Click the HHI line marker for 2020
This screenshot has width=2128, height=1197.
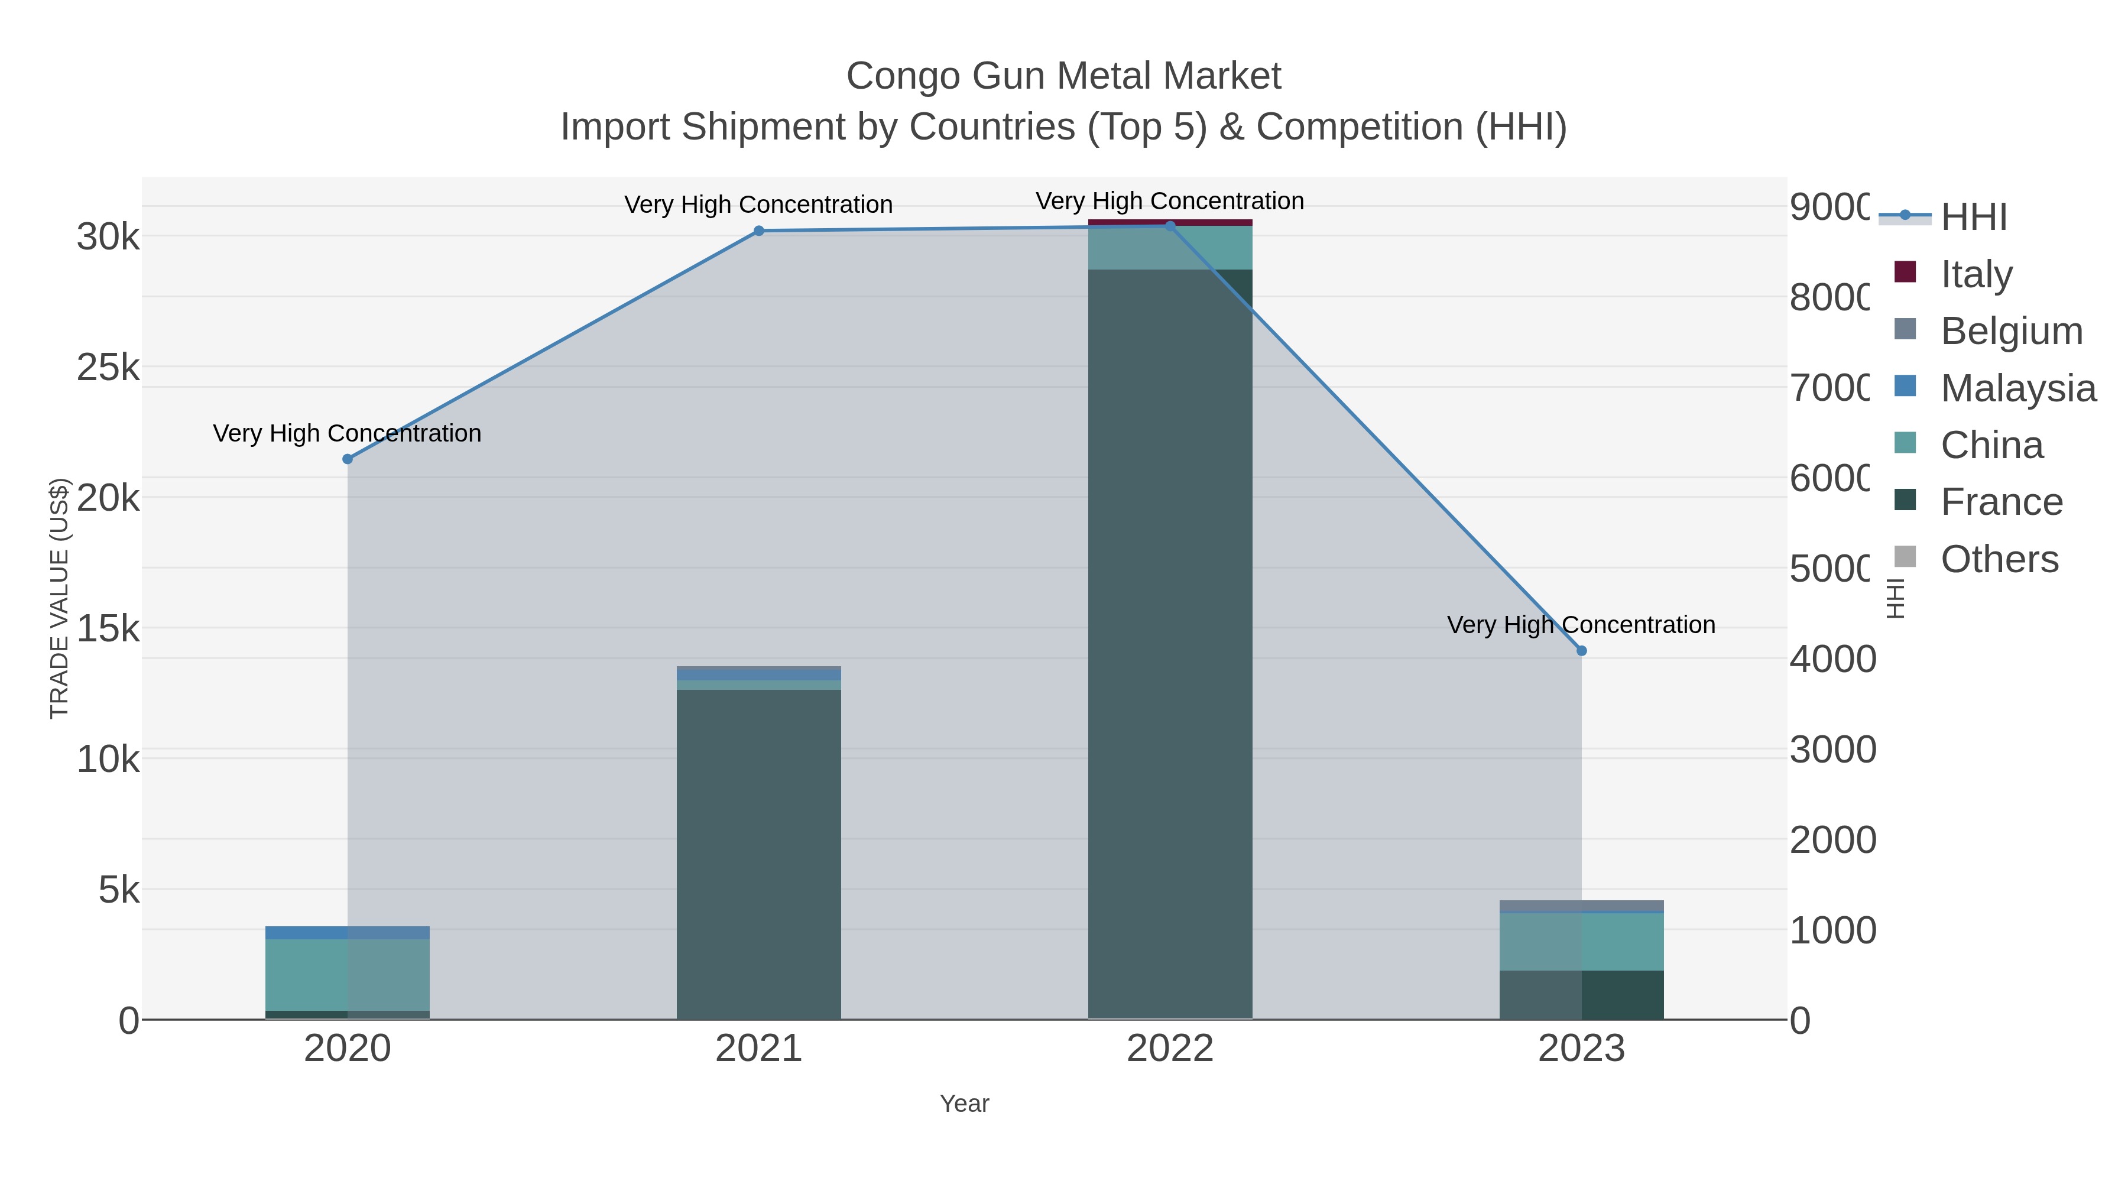tap(347, 459)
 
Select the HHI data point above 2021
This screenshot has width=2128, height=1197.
tap(759, 231)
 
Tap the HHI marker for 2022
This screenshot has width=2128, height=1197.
tap(1170, 226)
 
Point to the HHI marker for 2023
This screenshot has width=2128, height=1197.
tap(1581, 651)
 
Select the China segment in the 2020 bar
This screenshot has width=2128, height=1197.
tap(347, 975)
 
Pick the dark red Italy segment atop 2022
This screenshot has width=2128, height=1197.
tap(1170, 222)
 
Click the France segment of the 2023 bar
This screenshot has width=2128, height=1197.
tap(1581, 995)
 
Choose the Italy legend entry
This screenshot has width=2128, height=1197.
tap(1976, 274)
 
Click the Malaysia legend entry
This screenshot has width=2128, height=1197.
tap(2017, 388)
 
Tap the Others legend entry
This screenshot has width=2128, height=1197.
tap(1999, 559)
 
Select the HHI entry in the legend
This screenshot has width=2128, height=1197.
tap(1973, 218)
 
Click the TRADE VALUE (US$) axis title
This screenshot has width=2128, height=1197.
tap(60, 598)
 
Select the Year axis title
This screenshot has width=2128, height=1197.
tap(964, 1104)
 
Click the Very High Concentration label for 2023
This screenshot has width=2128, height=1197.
tap(1581, 625)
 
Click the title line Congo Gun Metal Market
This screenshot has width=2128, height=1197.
tap(1063, 76)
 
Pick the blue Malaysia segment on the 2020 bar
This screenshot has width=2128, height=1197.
tap(347, 933)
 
